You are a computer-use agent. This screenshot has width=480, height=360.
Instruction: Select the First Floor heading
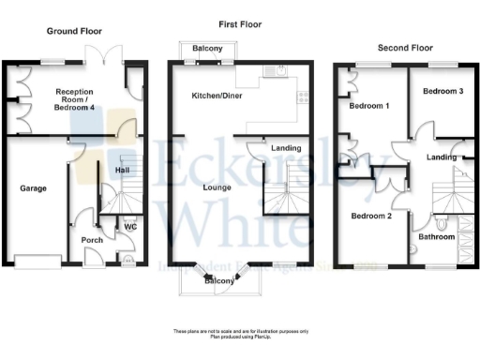(239, 24)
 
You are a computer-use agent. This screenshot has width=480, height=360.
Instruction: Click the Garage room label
(34, 187)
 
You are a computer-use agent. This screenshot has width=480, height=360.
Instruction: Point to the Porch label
(92, 240)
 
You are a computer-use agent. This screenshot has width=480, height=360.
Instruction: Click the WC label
(130, 226)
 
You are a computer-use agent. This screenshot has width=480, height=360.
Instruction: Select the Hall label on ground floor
(122, 170)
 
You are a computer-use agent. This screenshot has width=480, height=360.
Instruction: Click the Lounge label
(217, 187)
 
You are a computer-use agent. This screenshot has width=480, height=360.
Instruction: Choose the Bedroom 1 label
(368, 107)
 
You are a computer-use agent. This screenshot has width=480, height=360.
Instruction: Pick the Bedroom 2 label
(370, 216)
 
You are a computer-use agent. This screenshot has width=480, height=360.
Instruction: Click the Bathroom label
(437, 237)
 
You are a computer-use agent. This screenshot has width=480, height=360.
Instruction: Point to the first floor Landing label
(285, 148)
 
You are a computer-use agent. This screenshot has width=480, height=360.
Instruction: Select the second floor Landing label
(441, 157)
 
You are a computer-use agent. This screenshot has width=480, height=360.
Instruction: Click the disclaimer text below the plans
(240, 333)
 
